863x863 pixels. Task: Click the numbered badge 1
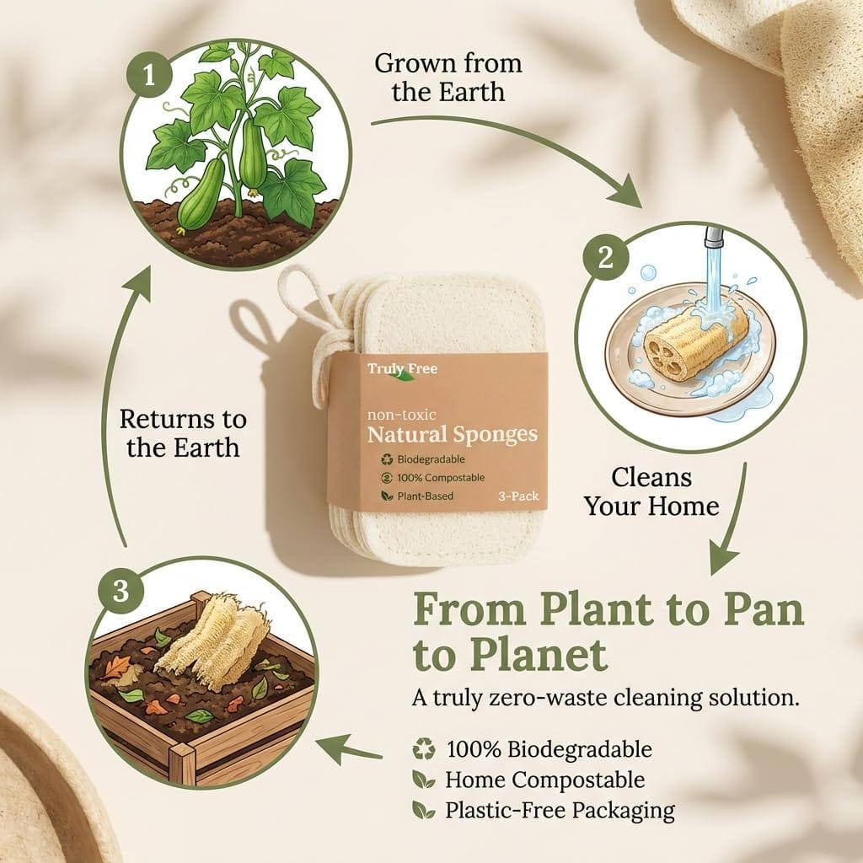[x=149, y=75]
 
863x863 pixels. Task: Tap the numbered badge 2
[x=605, y=256]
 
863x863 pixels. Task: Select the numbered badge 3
[x=121, y=592]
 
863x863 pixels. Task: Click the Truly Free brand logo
[x=402, y=370]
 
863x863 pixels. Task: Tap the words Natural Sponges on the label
[x=452, y=434]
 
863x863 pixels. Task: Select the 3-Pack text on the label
[x=518, y=496]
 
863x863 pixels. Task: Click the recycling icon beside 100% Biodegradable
[x=424, y=749]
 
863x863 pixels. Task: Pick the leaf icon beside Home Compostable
[x=423, y=780]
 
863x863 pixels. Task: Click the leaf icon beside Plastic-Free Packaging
[x=423, y=810]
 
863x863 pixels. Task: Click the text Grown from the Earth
[x=448, y=78]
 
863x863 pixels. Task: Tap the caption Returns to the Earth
[x=183, y=434]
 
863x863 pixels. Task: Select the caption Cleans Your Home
[x=651, y=491]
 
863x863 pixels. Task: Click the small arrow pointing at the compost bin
[x=348, y=749]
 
